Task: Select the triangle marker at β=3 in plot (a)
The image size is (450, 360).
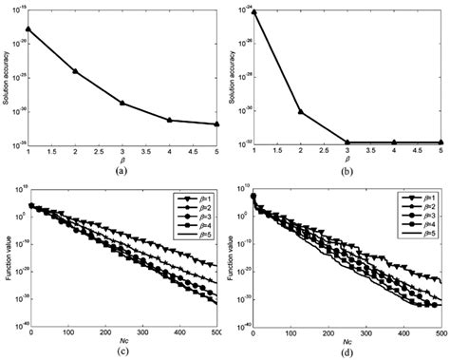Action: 122,103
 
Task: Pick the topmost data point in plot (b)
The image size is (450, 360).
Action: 254,11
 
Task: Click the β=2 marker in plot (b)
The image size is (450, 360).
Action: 301,112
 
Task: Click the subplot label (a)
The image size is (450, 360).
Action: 122,171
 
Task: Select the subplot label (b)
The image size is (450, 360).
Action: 347,171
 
